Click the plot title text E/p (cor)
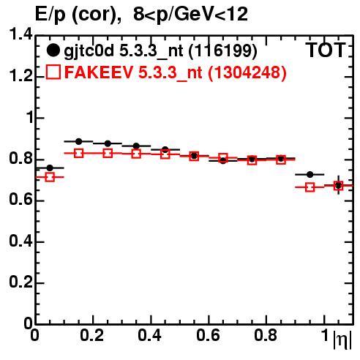click(78, 15)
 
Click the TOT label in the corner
click(326, 50)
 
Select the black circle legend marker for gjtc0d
click(53, 50)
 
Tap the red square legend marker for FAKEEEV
click(53, 72)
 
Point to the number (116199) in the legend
click(223, 51)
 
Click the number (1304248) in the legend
click(247, 72)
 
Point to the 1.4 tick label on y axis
click(20, 35)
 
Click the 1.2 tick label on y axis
click(20, 76)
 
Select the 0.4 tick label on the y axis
click(20, 241)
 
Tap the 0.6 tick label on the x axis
click(208, 335)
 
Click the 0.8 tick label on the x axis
click(266, 335)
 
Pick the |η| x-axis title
click(342, 340)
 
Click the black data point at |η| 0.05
click(50, 168)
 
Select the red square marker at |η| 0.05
click(50, 177)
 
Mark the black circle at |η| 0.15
click(78, 141)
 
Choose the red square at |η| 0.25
click(108, 154)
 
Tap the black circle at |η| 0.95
click(310, 174)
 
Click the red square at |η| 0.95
click(310, 187)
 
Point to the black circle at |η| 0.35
click(136, 146)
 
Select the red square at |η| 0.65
click(223, 158)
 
